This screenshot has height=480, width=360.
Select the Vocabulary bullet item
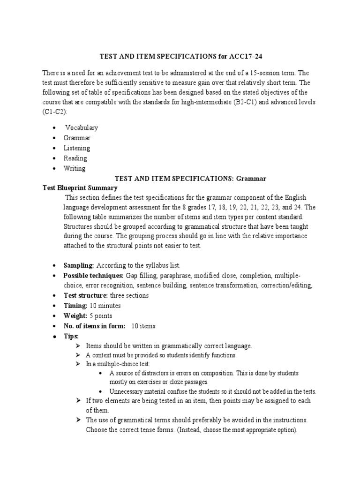click(82, 127)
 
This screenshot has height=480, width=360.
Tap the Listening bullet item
click(77, 148)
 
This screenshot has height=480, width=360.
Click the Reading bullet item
click(75, 158)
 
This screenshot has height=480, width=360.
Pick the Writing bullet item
click(75, 168)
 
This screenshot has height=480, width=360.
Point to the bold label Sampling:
click(79, 265)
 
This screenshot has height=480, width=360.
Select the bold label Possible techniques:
click(93, 275)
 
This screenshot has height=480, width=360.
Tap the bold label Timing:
click(75, 306)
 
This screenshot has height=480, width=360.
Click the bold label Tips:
click(71, 336)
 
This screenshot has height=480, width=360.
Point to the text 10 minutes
click(105, 306)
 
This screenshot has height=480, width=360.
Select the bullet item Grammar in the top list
click(77, 138)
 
